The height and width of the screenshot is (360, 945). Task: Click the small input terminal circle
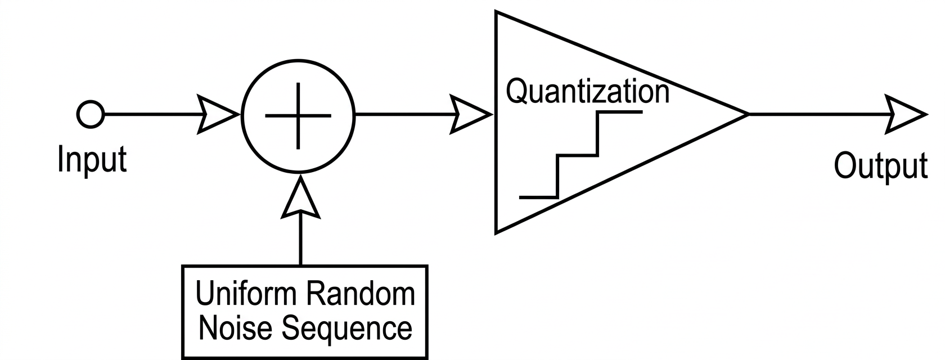tap(90, 115)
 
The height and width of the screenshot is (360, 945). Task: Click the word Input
tap(92, 160)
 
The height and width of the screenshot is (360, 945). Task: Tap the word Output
tap(880, 166)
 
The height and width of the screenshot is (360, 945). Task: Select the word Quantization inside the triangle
tap(588, 91)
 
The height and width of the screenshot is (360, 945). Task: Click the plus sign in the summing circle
tap(298, 116)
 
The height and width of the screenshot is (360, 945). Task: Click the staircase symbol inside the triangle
tap(579, 155)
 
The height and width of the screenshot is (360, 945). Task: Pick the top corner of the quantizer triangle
tap(496, 12)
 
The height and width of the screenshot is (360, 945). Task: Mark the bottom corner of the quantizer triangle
tap(496, 231)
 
